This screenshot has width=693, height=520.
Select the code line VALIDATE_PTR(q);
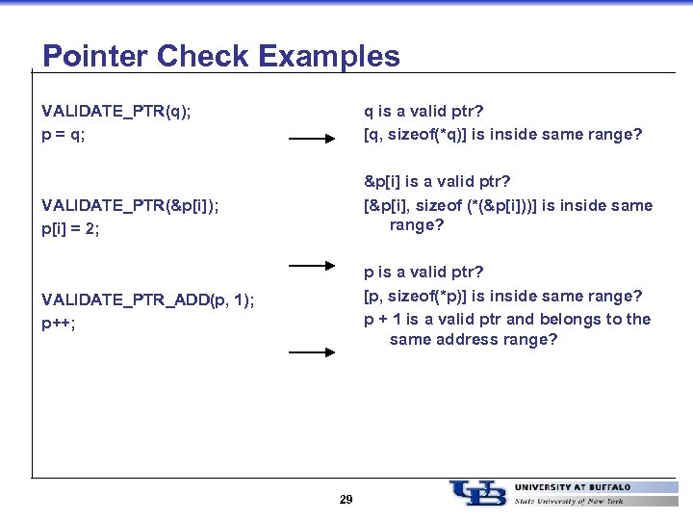tap(116, 112)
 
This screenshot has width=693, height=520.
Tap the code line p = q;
tap(64, 135)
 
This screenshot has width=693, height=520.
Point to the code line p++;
tap(59, 324)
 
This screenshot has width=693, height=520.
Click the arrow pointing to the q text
tap(312, 140)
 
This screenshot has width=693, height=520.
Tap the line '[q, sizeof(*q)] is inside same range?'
tap(502, 135)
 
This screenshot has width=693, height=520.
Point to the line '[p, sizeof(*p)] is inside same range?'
tap(502, 296)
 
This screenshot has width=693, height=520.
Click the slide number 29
tap(346, 500)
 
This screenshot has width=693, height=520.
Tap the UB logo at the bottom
tap(477, 493)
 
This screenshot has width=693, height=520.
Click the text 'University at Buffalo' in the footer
tap(573, 487)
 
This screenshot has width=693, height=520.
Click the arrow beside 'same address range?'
tap(312, 353)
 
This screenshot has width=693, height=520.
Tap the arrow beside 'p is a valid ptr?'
tap(312, 264)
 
